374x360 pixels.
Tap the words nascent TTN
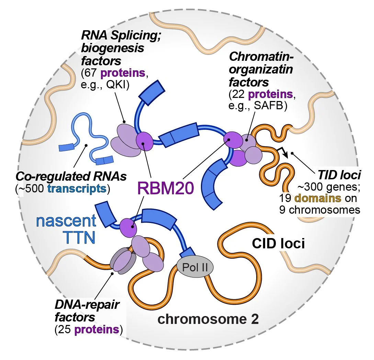click(x=66, y=228)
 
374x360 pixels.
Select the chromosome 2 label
click(x=208, y=319)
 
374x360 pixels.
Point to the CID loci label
click(x=278, y=244)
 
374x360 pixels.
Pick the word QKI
click(x=118, y=85)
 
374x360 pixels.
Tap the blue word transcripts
click(x=77, y=189)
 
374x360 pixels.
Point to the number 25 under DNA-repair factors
click(x=65, y=329)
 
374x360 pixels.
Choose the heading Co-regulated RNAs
click(x=71, y=176)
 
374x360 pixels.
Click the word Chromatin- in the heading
click(x=261, y=57)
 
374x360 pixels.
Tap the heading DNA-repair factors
click(x=87, y=311)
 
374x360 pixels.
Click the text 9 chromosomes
click(x=320, y=210)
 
